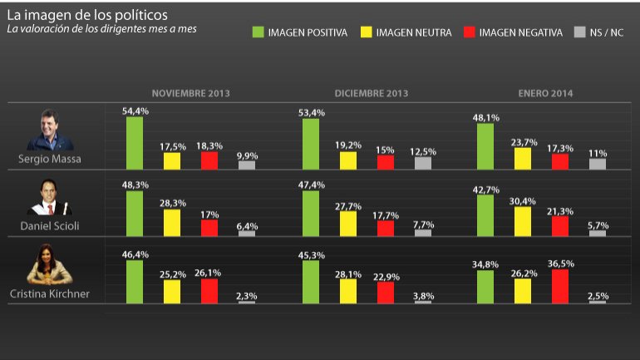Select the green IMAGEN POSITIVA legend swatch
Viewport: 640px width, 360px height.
pos(258,32)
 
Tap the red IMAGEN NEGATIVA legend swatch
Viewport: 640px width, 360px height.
pos(469,32)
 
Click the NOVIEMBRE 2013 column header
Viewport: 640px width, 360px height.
pos(190,93)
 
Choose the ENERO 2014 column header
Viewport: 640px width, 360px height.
pos(544,93)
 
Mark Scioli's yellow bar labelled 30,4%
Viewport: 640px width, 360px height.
pos(524,221)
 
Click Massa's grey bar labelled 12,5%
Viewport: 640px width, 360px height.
pos(423,163)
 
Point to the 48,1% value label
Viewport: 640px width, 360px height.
pos(486,117)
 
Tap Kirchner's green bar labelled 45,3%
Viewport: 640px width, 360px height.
pos(311,282)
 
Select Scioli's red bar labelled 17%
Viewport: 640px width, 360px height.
pos(209,228)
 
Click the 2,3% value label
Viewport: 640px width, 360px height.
pos(247,294)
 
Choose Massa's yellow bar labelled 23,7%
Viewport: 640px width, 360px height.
pos(524,159)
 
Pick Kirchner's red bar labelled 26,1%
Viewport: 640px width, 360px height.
pos(209,291)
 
